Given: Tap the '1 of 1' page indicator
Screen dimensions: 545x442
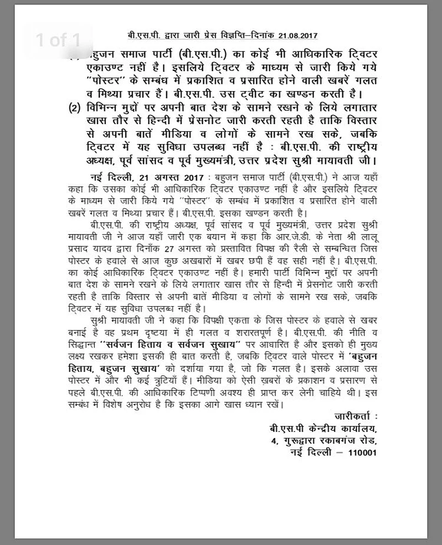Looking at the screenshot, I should [x=58, y=40].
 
